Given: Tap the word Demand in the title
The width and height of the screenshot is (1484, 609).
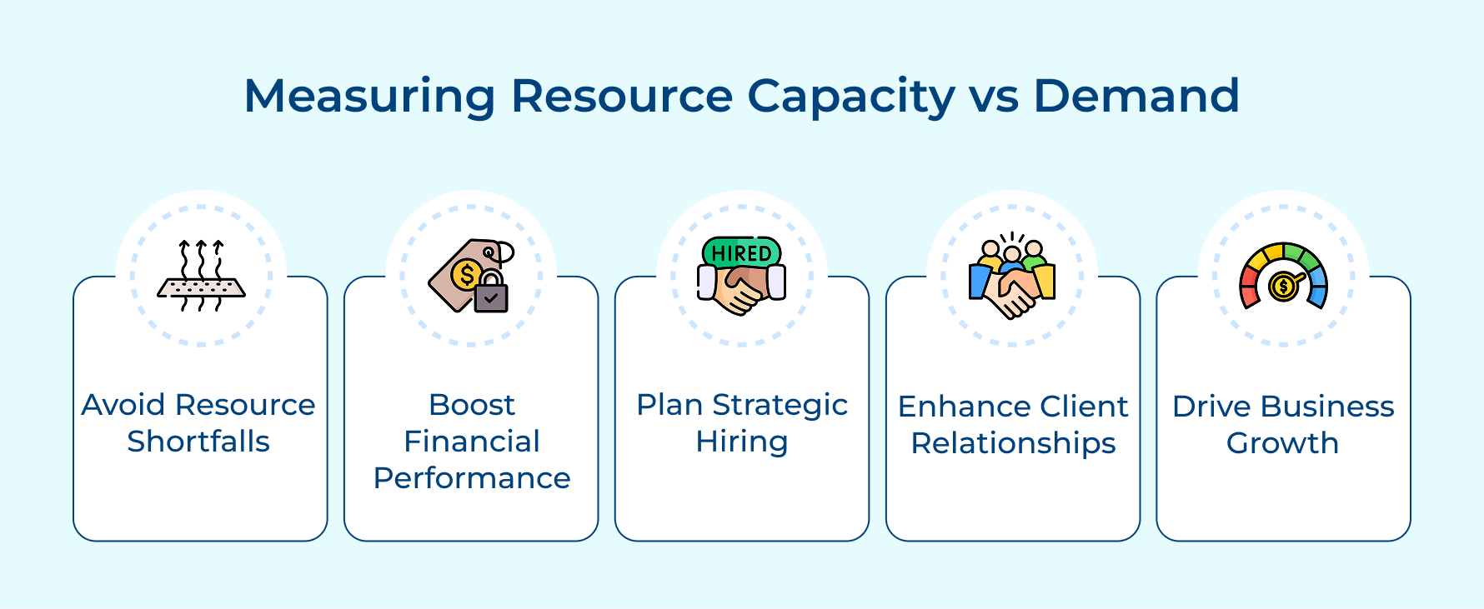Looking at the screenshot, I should coord(1136,96).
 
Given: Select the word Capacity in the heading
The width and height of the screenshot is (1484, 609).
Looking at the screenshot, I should coord(851,97).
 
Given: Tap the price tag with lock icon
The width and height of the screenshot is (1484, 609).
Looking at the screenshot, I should coord(469,276).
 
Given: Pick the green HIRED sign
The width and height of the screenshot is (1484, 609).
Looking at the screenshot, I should coord(741,252).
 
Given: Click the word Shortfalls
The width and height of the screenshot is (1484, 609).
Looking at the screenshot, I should coord(198,442).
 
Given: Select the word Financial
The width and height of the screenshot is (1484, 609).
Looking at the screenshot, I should coord(472,442).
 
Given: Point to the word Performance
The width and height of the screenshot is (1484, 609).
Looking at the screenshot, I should coord(472,478).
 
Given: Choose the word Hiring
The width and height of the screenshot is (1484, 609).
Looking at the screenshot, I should coord(742,442).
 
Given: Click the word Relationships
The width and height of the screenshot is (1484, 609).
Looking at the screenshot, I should coord(1013,443).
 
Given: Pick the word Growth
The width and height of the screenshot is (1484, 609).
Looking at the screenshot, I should coord(1282,443).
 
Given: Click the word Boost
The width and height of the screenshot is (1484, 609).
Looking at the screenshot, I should coord(472,405).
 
